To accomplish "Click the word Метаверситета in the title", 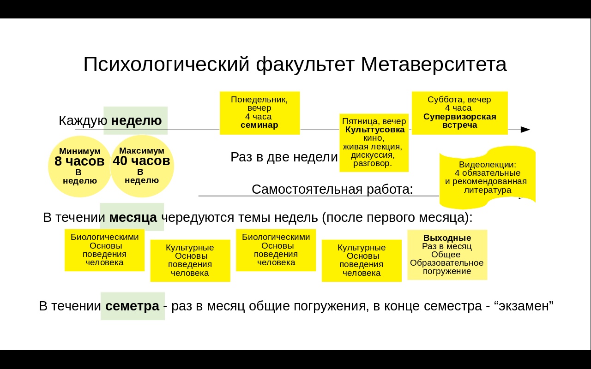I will [x=434, y=64].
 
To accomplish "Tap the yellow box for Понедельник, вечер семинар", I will [x=259, y=113].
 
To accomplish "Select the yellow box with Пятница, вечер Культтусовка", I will [x=374, y=143].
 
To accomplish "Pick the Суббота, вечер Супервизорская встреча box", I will [x=459, y=113].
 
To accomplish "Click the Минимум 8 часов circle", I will [x=79, y=166].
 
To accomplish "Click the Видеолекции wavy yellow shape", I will [x=487, y=177].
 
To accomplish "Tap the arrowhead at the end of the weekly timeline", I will [x=525, y=130].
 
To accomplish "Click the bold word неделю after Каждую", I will [x=136, y=121].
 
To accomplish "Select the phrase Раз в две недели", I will [x=284, y=157].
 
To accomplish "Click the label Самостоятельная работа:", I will [x=332, y=190].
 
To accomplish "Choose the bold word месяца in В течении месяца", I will [x=133, y=218].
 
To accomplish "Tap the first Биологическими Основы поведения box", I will [x=104, y=250].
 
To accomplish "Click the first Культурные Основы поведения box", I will [x=190, y=260].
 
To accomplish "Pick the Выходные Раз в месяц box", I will [x=447, y=255].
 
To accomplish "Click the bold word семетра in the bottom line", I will [x=132, y=306].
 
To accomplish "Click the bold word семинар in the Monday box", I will [x=259, y=125].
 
